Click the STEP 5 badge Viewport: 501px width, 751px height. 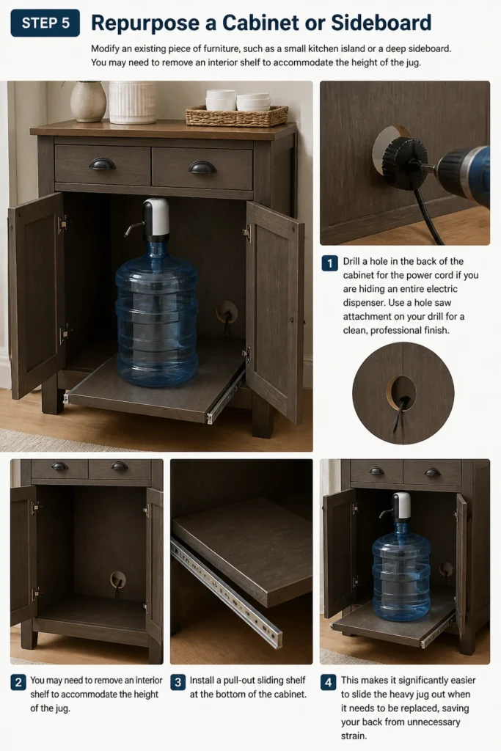(x=45, y=23)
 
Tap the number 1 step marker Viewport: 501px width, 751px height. (x=329, y=263)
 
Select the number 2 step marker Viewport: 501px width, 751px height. (x=18, y=682)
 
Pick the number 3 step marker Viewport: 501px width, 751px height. (x=178, y=682)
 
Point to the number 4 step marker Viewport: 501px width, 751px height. (x=328, y=682)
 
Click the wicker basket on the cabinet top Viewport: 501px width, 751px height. (x=237, y=116)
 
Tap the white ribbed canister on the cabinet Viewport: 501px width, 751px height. (x=133, y=102)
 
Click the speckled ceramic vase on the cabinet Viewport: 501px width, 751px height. (x=89, y=101)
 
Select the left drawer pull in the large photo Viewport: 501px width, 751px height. (x=103, y=165)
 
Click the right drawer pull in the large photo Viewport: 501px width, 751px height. (x=202, y=167)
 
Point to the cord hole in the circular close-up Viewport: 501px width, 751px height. (x=401, y=393)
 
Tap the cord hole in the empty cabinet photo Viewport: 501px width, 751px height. (x=118, y=579)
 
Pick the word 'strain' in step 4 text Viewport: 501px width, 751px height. (x=353, y=736)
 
